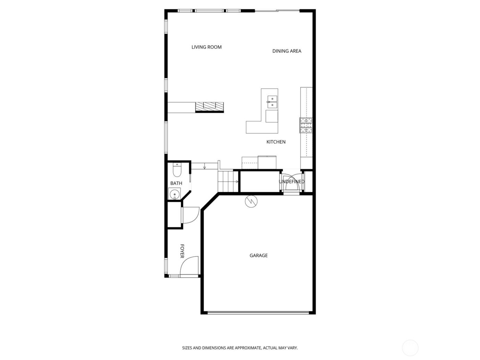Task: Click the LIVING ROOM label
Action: pos(206,47)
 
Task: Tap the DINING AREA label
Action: pos(287,51)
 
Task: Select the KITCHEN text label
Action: pos(276,142)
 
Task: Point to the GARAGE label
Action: pos(259,255)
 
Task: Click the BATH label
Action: pos(176,183)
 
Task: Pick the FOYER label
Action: pos(182,251)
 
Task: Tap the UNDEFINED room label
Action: pos(291,182)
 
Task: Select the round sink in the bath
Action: pos(175,194)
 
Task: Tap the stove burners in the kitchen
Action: pos(306,125)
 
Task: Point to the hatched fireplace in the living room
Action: pos(209,107)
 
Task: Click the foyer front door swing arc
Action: pos(189,265)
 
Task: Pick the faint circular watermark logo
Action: pos(410,348)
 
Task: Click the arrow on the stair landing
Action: pos(205,167)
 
